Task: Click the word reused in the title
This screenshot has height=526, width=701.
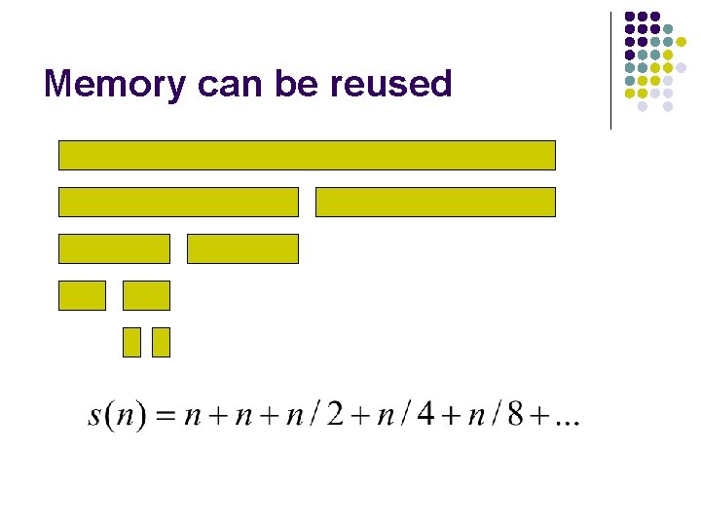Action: point(390,85)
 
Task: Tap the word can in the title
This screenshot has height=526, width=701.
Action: point(230,85)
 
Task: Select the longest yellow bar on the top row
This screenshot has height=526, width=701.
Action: point(307,155)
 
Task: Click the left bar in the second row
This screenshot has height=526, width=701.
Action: point(178,202)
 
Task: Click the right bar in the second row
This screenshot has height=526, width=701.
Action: point(435,202)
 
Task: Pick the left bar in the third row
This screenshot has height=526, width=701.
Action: point(114,248)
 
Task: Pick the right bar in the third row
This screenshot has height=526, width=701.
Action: point(242,248)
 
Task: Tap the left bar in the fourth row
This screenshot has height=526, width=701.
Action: point(82,295)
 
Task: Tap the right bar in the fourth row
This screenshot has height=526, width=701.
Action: point(146,295)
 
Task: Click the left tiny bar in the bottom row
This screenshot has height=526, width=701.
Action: point(131,342)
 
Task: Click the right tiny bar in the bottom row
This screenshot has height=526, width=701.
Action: point(161,342)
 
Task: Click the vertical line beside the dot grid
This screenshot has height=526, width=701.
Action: point(610,70)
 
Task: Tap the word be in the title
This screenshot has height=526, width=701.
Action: point(297,85)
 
